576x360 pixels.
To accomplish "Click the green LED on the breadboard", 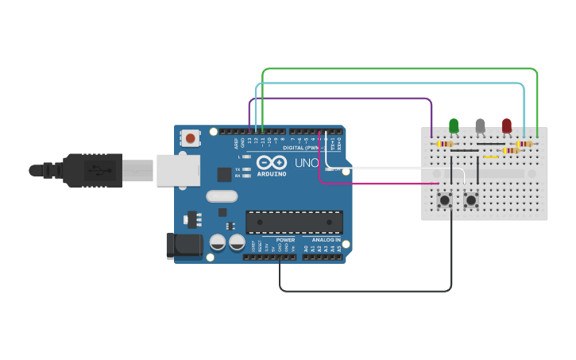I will pos(454,126).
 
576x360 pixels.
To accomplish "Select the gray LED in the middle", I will pos(480,126).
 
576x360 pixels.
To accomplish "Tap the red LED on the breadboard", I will pos(507,126).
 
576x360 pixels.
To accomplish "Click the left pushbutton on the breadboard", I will pos(445,199).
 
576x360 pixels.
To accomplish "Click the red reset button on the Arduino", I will pos(191,138).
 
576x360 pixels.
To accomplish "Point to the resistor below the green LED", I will pos(444,145).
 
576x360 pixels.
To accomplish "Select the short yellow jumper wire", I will pos(491,157).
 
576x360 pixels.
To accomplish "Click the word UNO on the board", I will pos(307,163).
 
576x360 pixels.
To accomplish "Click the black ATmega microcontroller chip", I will pos(294,223).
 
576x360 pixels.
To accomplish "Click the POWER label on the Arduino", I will pos(285,239).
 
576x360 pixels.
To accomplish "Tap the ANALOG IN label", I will pos(326,239).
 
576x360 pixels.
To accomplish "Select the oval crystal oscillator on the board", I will pos(222,196).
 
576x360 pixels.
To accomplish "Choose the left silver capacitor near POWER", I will pos(217,242).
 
